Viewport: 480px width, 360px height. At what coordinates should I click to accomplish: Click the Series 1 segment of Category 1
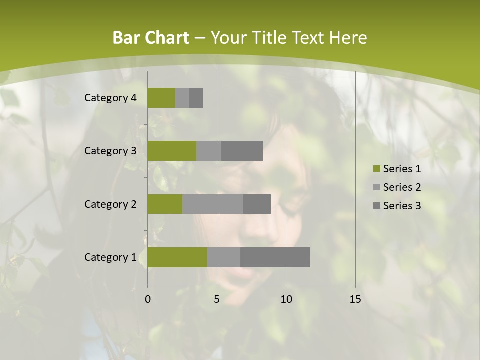point(177,257)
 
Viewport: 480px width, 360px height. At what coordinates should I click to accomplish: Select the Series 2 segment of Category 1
point(224,257)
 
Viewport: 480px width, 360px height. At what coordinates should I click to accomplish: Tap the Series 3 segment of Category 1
point(275,257)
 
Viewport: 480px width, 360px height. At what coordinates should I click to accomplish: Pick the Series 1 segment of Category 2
point(165,204)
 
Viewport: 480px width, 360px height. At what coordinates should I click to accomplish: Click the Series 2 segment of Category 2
point(213,204)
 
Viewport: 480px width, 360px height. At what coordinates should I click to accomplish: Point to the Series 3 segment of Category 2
point(257,204)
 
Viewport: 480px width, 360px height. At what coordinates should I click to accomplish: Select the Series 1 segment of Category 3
point(172,151)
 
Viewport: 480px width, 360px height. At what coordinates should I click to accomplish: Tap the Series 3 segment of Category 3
point(242,151)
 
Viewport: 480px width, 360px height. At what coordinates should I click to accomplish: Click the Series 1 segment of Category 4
point(161,98)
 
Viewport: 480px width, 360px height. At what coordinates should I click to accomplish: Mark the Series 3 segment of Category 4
point(196,98)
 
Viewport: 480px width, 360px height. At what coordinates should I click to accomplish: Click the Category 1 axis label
point(110,257)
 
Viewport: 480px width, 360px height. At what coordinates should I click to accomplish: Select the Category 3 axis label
point(110,151)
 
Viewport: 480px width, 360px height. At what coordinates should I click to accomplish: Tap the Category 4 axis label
point(110,98)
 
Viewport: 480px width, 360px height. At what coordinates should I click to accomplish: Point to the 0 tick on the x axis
point(147,299)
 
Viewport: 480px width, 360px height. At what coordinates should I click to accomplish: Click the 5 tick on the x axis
point(217,299)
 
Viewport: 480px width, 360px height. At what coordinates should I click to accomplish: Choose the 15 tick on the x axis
point(355,299)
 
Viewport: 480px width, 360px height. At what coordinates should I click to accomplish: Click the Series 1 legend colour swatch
point(376,169)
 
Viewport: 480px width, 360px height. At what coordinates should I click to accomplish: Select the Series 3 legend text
point(402,206)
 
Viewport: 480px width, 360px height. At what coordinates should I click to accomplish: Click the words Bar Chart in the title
point(151,38)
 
